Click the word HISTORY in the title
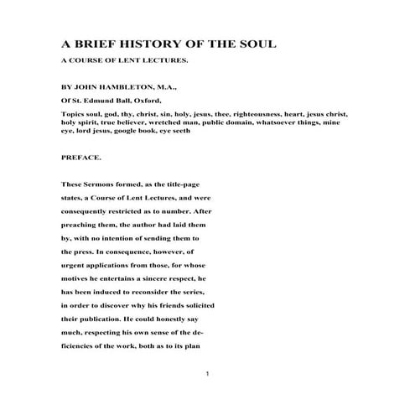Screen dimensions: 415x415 138,44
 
